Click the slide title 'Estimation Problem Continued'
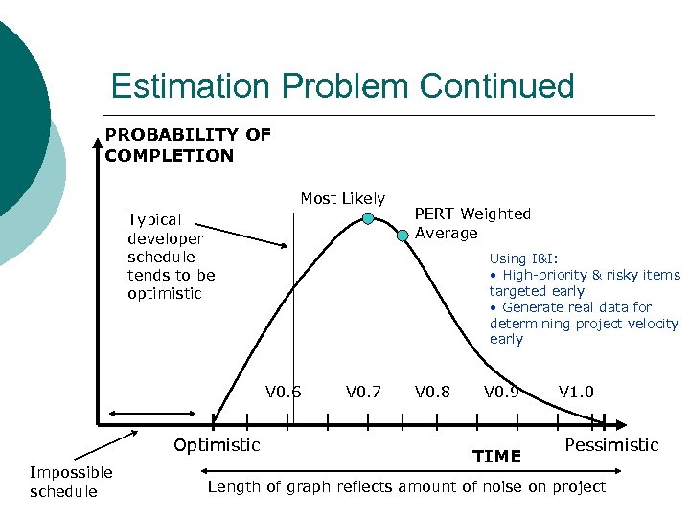click(x=342, y=86)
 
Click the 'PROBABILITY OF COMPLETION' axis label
click(x=188, y=146)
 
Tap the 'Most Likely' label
click(x=342, y=198)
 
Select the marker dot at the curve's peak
click(x=368, y=219)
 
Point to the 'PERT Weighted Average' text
click(x=471, y=223)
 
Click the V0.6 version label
click(x=284, y=392)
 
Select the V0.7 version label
click(x=363, y=392)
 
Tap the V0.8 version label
click(x=433, y=392)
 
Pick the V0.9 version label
click(x=502, y=392)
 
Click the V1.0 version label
click(x=576, y=392)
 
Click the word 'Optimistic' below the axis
click(x=217, y=444)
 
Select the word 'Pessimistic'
click(x=611, y=445)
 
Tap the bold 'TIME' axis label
click(x=497, y=457)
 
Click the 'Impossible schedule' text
click(x=71, y=482)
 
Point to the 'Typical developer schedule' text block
click(x=172, y=257)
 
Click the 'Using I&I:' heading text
click(x=523, y=258)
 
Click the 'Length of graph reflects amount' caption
click(x=407, y=486)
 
